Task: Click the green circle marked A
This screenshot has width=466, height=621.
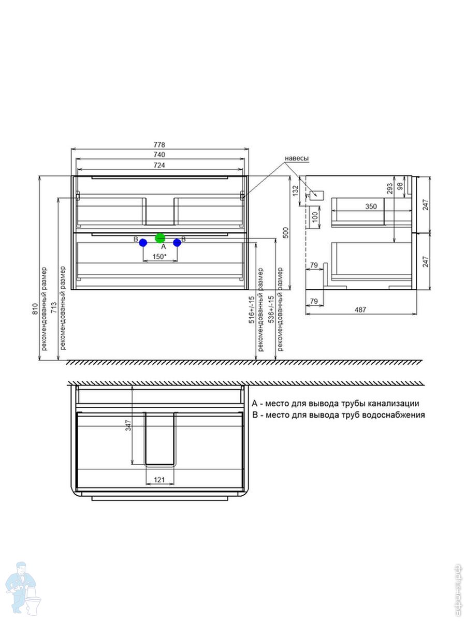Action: tap(160, 238)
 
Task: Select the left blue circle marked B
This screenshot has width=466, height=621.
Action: tap(143, 243)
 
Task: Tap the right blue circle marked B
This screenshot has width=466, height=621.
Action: tap(177, 243)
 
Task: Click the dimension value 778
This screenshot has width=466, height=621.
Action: tap(159, 144)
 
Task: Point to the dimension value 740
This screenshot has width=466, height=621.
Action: tap(159, 154)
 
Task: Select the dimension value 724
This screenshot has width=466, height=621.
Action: tap(159, 165)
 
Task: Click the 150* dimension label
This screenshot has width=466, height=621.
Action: tap(160, 257)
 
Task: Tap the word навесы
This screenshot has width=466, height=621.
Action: tap(297, 158)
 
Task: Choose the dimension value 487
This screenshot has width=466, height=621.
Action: tap(360, 309)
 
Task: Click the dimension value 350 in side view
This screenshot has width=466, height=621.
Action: tap(371, 206)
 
